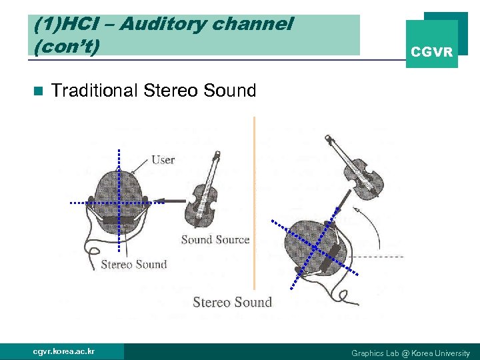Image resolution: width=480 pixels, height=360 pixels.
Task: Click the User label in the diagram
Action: pos(163,159)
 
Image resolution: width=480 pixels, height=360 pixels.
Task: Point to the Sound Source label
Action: pos(215,239)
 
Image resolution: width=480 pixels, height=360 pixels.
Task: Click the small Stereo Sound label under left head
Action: pos(133,265)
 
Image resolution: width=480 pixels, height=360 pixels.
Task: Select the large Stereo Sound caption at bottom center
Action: pos(232,303)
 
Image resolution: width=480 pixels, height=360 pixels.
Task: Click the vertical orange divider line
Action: pos(254,200)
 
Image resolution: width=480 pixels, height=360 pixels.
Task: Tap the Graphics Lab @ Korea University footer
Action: pos(410,353)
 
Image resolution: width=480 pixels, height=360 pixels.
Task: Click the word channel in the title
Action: pos(253,25)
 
